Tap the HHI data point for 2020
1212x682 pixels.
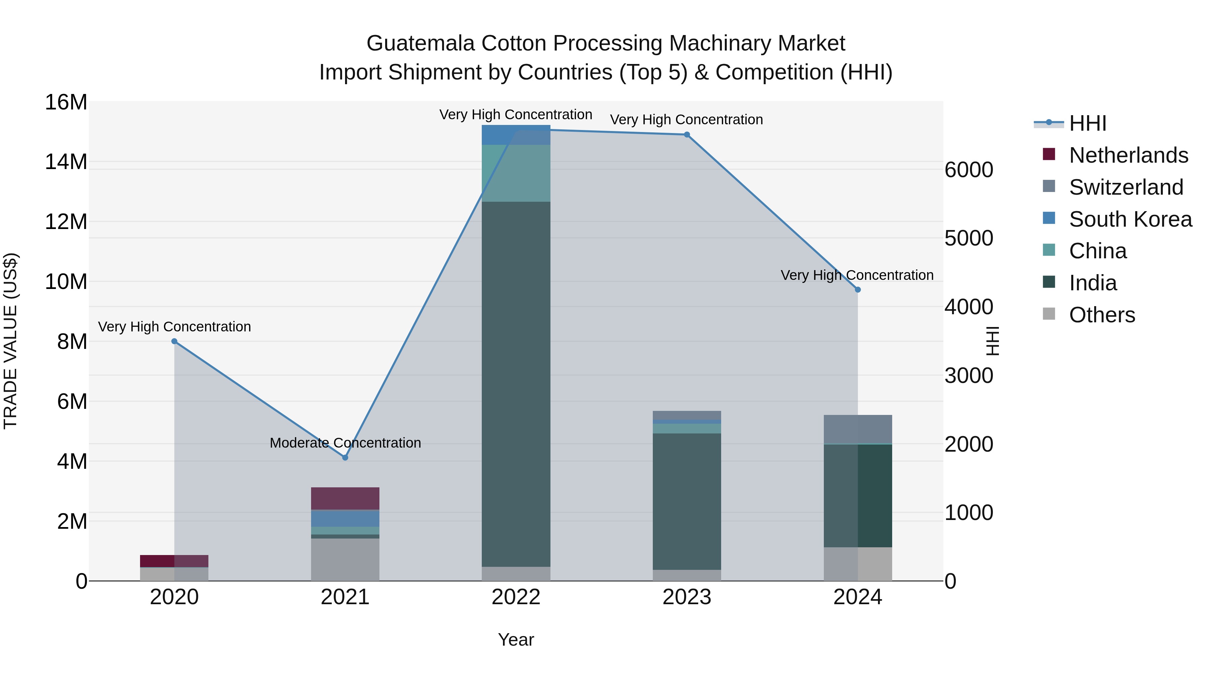(174, 341)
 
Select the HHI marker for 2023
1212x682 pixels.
(686, 135)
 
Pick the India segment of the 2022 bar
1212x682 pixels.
(516, 384)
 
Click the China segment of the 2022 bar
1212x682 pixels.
(516, 173)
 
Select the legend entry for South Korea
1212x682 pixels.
(1130, 219)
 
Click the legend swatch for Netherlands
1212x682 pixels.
(1049, 154)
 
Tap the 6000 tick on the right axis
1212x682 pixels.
(968, 170)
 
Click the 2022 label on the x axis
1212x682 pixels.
(516, 597)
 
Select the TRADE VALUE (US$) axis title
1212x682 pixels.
(10, 341)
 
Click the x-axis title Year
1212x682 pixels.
(516, 640)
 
